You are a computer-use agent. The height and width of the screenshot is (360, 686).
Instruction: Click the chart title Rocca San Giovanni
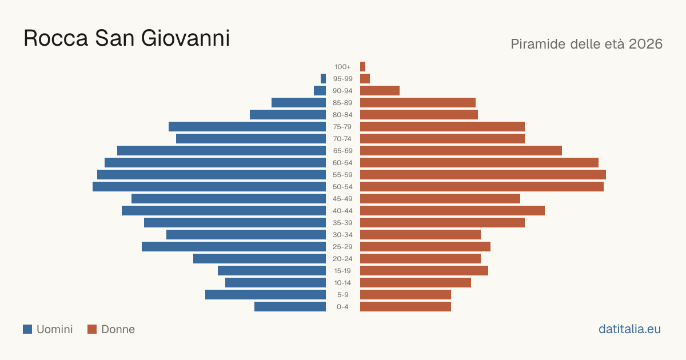[126, 38]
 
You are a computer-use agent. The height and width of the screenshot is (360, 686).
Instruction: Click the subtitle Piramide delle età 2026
[587, 44]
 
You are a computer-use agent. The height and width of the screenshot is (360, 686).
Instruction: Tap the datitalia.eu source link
[629, 329]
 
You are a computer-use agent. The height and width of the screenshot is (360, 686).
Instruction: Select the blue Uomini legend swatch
[27, 329]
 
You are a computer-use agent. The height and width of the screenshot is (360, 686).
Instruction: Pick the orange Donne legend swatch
[92, 329]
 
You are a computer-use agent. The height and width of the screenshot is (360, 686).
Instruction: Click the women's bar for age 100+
[362, 66]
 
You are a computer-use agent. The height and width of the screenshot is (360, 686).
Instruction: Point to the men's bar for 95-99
[323, 79]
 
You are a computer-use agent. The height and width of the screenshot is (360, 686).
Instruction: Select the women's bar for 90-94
[380, 91]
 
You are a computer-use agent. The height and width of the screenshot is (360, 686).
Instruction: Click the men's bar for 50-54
[209, 187]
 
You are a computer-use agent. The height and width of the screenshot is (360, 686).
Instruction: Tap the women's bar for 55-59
[483, 174]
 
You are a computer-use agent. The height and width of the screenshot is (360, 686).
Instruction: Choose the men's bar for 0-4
[290, 307]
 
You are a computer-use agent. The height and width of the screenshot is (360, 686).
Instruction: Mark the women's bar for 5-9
[405, 294]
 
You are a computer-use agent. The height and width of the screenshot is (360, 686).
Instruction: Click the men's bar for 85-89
[298, 102]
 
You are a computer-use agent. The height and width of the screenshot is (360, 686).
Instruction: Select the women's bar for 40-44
[452, 211]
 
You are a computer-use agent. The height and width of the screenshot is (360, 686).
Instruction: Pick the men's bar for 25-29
[234, 247]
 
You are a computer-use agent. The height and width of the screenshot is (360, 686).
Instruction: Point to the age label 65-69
[342, 151]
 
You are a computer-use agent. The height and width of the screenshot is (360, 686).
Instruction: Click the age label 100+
[342, 67]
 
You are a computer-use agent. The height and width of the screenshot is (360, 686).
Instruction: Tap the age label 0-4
[342, 307]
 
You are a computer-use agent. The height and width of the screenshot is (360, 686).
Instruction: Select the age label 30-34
[342, 235]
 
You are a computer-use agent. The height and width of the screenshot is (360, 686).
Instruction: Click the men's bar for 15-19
[272, 271]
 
